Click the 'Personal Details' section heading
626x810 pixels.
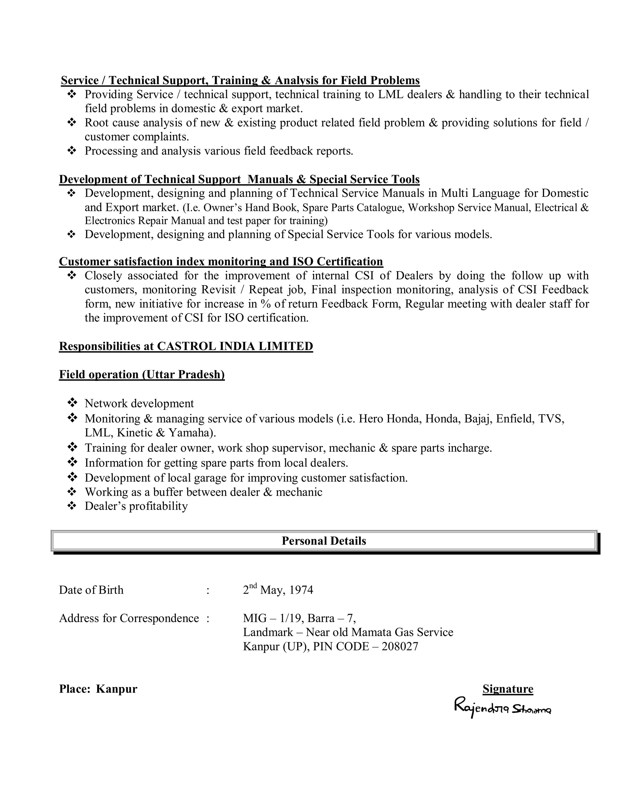tap(324, 541)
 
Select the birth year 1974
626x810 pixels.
tap(301, 590)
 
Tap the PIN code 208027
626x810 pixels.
tap(400, 646)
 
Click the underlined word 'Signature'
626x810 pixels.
tap(508, 689)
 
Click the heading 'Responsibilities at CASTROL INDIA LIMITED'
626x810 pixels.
tap(186, 346)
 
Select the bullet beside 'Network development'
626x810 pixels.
tap(72, 403)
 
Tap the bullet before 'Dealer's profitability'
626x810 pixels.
tap(72, 505)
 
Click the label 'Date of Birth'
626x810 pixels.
tap(91, 590)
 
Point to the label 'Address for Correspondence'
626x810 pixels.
tap(129, 618)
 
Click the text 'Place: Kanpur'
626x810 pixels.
tap(98, 689)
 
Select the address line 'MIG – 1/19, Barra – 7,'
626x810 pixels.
tap(299, 618)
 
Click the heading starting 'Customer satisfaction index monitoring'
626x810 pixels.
tap(221, 261)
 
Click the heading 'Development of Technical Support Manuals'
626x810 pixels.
tap(239, 179)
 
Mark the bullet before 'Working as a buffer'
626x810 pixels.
tap(72, 492)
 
